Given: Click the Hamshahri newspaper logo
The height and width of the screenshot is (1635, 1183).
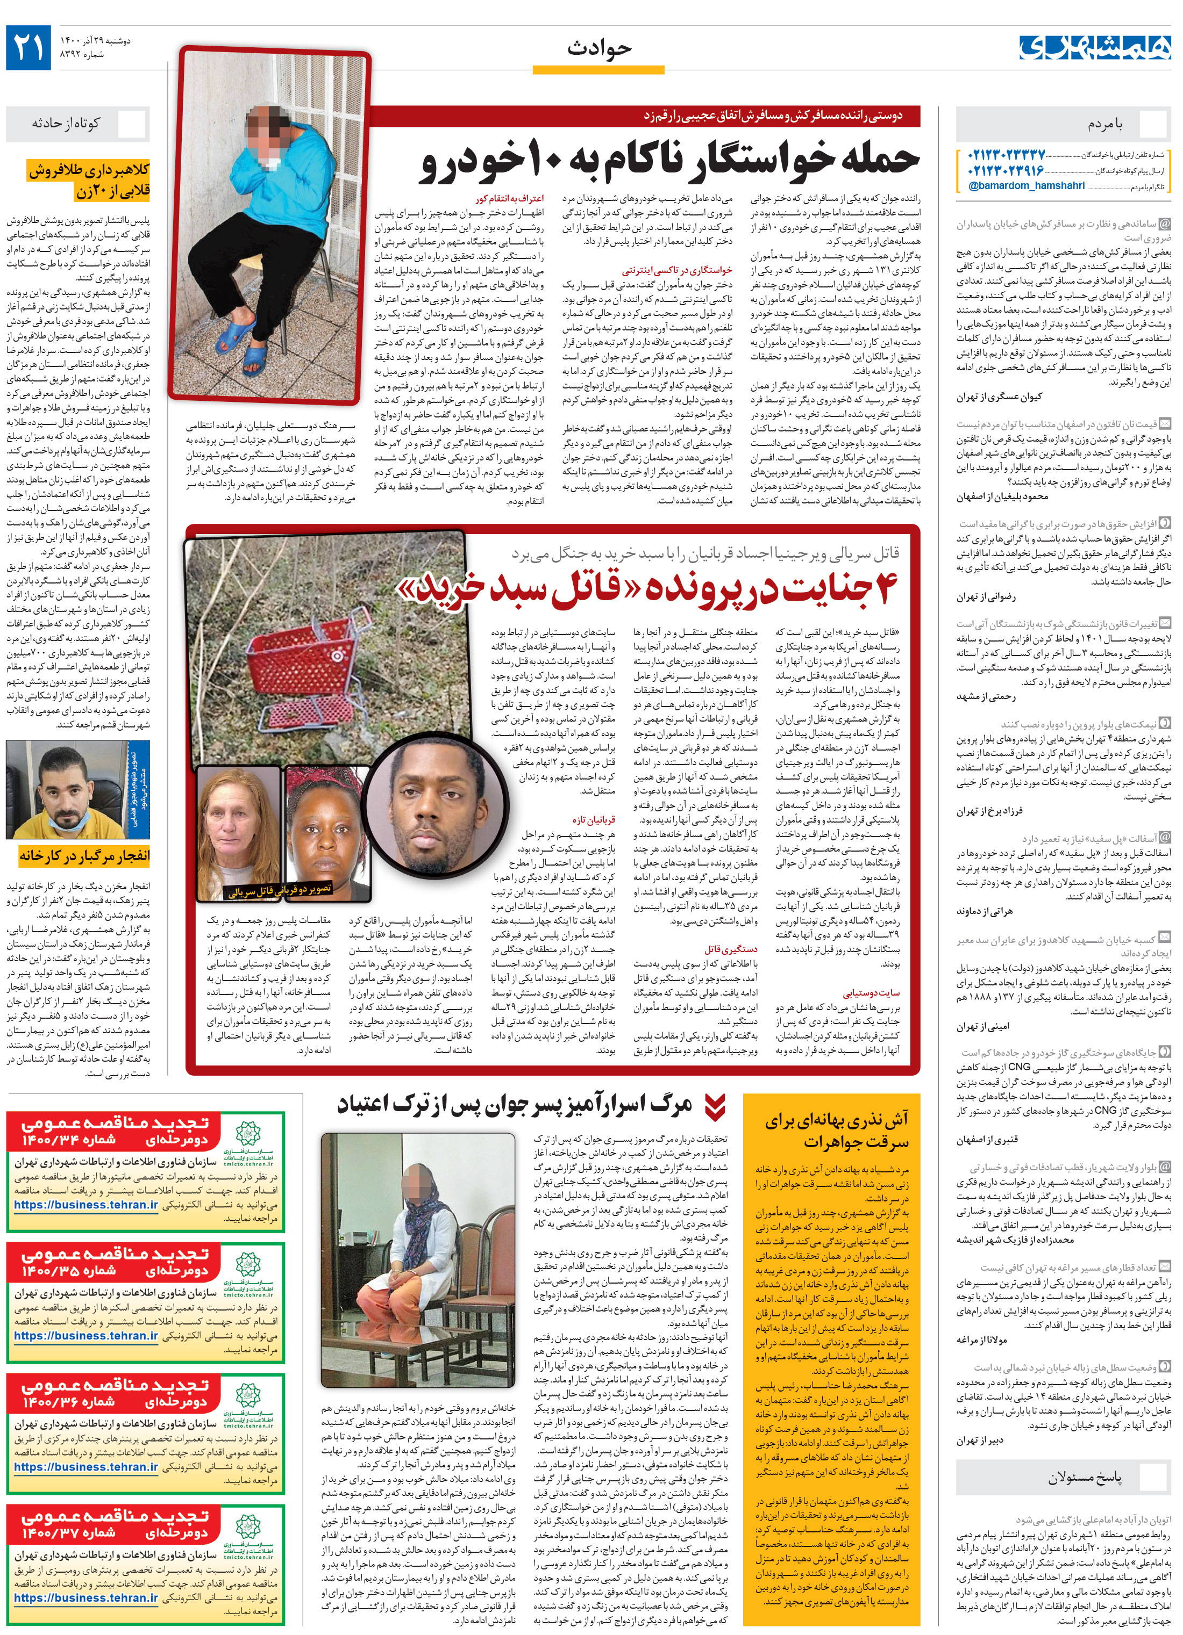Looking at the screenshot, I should (x=1094, y=48).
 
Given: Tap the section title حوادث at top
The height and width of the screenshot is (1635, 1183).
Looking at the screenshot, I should (x=598, y=48).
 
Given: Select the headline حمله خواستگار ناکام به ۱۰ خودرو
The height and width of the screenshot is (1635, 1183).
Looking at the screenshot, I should (x=671, y=160).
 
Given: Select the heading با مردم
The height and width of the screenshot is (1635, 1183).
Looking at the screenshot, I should (x=1105, y=125).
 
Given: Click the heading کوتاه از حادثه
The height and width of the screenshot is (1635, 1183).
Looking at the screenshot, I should (x=65, y=123).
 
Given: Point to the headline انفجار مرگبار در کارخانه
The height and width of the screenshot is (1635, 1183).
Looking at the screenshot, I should (x=84, y=856).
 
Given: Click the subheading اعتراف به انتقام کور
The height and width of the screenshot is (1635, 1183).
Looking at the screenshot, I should (x=509, y=198).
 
